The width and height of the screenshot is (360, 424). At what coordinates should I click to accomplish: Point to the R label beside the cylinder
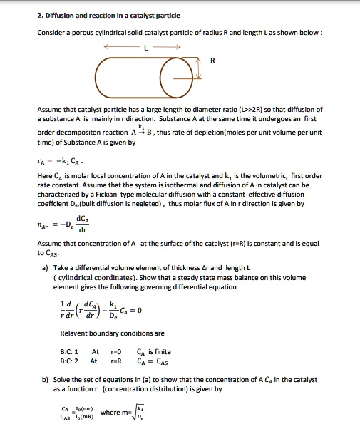pyautogui.click(x=211, y=61)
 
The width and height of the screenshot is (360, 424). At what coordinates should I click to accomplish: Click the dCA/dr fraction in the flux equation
pyautogui.click(x=83, y=222)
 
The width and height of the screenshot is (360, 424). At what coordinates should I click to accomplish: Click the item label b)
pyautogui.click(x=45, y=380)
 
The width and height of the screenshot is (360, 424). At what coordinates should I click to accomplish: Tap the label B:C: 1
pyautogui.click(x=73, y=351)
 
